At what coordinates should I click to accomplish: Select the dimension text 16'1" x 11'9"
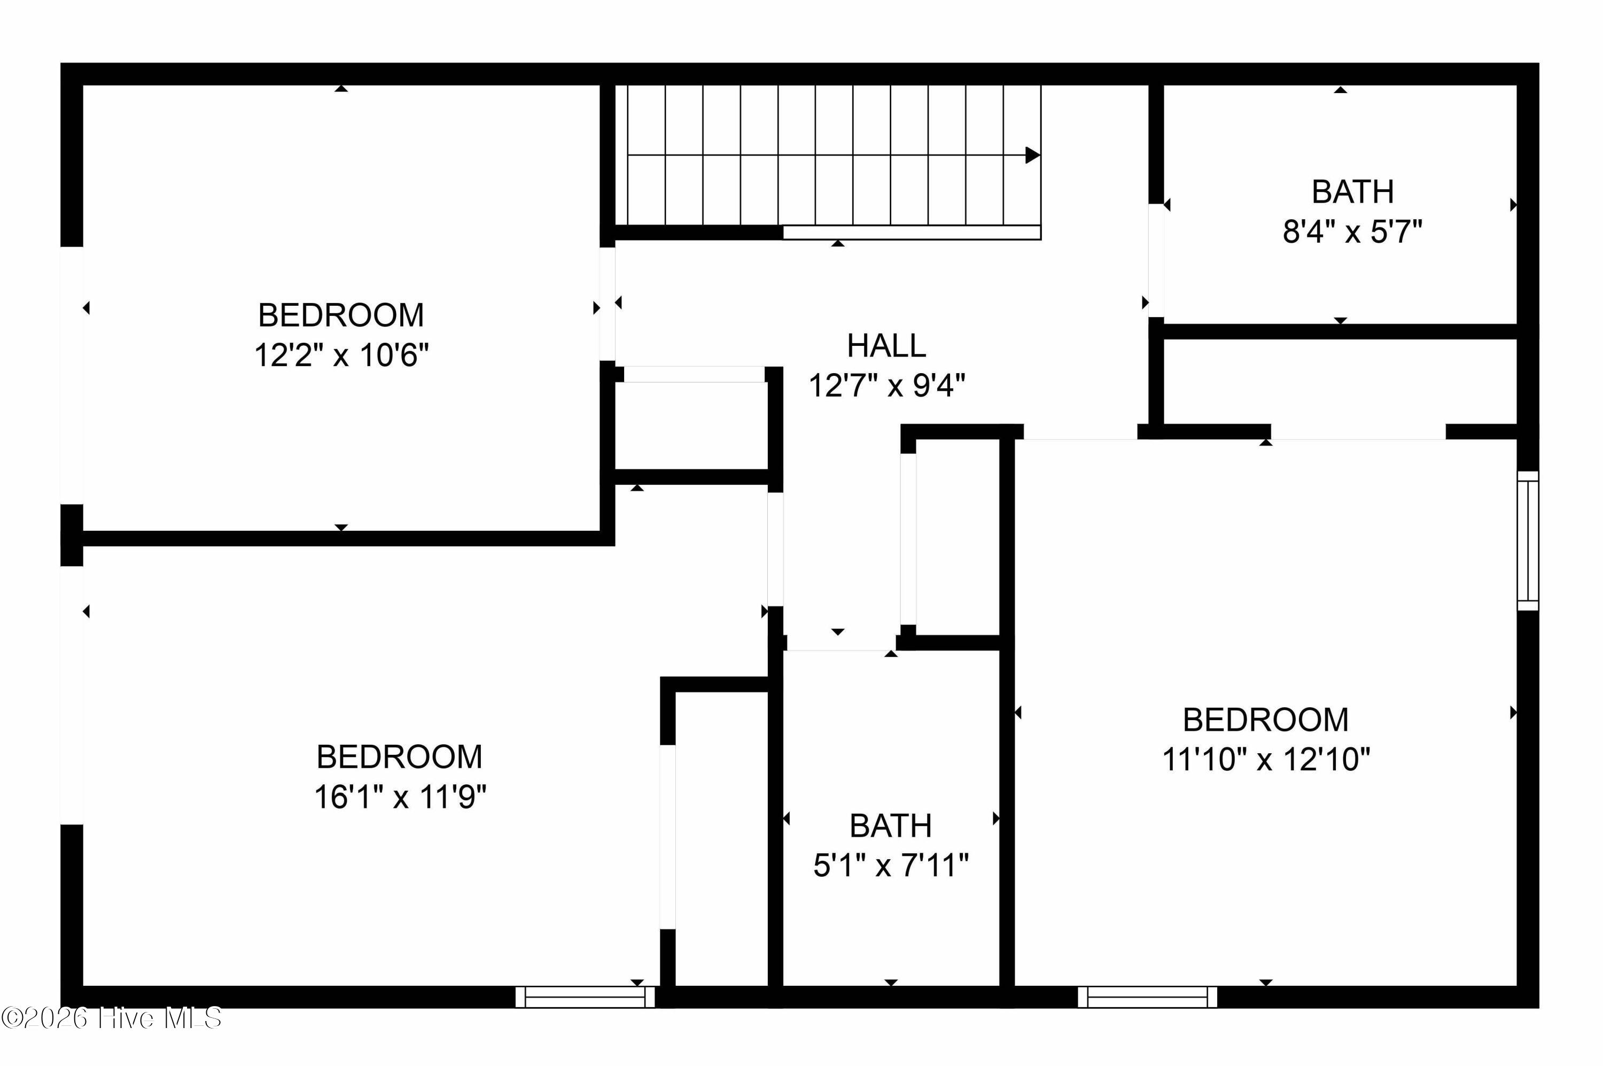click(400, 797)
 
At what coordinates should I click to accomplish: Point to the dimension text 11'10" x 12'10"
click(1266, 759)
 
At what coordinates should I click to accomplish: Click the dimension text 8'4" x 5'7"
click(1352, 232)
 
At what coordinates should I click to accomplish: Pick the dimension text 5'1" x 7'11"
click(891, 866)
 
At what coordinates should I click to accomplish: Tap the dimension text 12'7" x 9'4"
click(887, 385)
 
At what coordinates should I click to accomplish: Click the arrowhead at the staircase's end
click(1032, 155)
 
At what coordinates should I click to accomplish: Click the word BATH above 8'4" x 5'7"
click(1352, 192)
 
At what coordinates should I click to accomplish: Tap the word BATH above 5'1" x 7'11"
click(891, 826)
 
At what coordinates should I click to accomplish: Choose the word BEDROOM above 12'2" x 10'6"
click(341, 315)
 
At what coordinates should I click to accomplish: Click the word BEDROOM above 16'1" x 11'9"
click(400, 756)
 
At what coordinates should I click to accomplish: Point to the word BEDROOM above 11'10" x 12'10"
click(1266, 719)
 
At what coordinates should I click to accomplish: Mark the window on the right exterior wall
click(1528, 540)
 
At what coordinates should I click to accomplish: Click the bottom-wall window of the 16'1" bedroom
click(585, 997)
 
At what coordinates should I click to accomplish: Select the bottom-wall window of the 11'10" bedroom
click(1148, 997)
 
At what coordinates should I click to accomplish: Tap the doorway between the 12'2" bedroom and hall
click(608, 304)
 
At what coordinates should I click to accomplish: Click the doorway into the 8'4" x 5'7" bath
click(1156, 260)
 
